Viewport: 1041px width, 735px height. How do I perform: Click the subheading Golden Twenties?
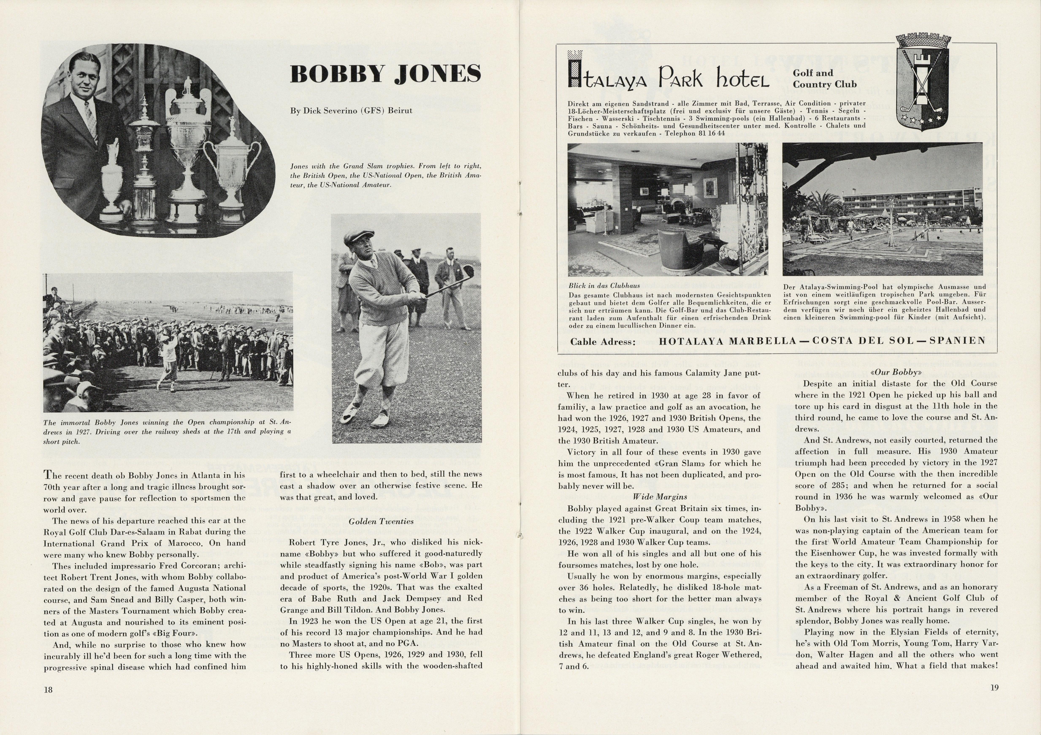tap(381, 521)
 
